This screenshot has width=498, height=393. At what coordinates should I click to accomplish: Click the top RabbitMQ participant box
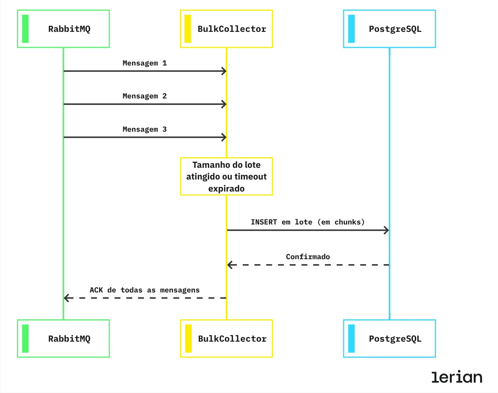(64, 29)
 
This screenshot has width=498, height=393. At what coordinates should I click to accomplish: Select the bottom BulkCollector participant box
(227, 338)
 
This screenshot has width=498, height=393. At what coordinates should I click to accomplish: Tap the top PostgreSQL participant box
(389, 29)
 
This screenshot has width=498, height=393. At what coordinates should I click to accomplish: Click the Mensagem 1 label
(144, 63)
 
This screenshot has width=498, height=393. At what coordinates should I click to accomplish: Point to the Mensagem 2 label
(144, 96)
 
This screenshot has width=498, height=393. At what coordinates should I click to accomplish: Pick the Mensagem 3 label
(144, 129)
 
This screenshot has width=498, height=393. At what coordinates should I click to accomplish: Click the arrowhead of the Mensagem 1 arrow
(224, 71)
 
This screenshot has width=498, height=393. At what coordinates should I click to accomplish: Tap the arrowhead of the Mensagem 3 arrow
(224, 137)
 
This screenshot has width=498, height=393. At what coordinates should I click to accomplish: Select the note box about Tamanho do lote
(227, 176)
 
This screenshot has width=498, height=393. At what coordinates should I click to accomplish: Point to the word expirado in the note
(227, 188)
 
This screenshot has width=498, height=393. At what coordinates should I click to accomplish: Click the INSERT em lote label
(308, 222)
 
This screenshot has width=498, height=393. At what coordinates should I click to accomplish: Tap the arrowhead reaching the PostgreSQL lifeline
(387, 230)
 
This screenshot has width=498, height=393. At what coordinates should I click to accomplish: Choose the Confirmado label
(308, 257)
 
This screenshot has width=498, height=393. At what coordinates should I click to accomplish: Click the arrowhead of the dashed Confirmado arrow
(230, 265)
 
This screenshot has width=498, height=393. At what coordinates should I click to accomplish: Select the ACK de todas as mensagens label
(144, 290)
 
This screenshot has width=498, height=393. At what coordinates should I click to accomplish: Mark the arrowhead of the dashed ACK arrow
(67, 298)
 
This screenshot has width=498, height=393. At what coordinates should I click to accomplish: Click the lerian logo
(457, 377)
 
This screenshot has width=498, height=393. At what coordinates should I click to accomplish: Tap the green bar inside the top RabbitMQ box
(25, 29)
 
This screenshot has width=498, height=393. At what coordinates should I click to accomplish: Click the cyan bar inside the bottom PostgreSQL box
(351, 338)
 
